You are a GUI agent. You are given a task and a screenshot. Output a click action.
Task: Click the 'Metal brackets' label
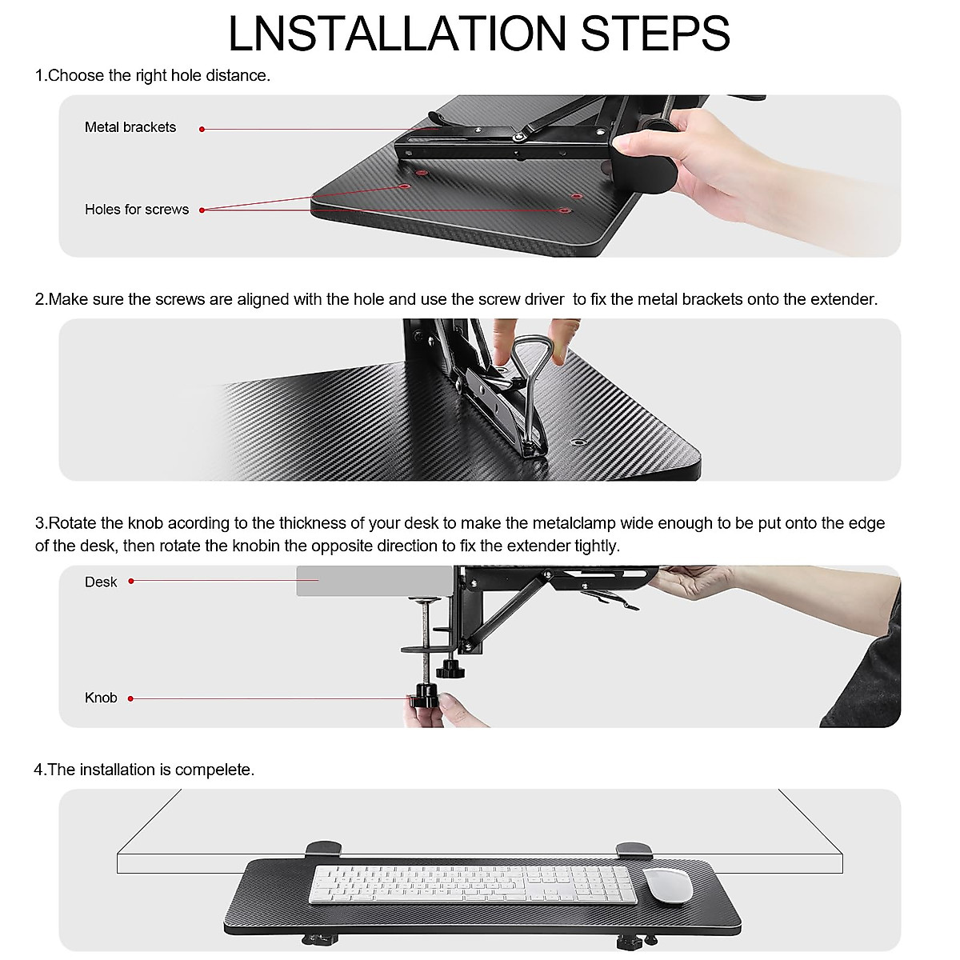(x=130, y=127)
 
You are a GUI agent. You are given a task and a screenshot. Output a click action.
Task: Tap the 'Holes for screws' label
(x=137, y=210)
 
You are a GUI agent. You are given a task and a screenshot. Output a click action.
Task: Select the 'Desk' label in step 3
(x=101, y=582)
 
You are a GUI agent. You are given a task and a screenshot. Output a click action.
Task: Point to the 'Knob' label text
(x=101, y=698)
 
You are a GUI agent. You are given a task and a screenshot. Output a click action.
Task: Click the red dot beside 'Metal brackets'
(x=202, y=129)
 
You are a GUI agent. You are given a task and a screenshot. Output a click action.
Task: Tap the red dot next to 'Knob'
(x=130, y=698)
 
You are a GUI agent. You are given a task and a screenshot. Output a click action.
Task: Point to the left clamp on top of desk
(x=323, y=847)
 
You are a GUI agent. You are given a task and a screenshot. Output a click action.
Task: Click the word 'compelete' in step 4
(x=214, y=770)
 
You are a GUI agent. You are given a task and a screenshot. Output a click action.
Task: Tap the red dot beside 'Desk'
(x=131, y=581)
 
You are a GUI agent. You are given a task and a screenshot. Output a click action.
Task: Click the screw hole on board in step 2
(x=578, y=441)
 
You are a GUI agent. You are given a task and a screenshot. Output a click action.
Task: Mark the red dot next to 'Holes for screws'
(x=202, y=210)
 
